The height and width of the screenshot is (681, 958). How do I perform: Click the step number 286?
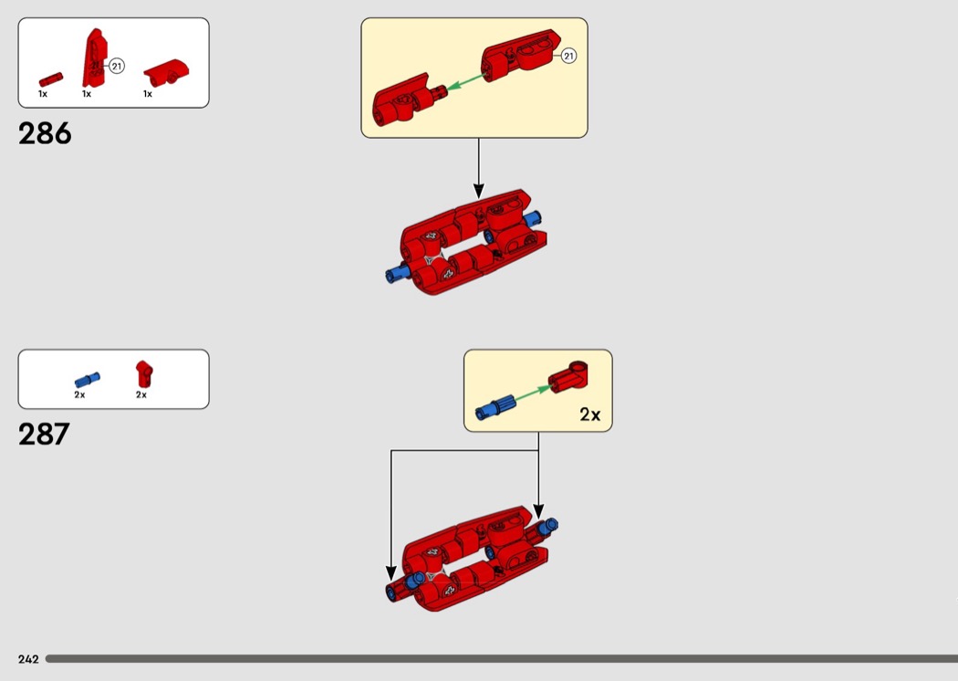[45, 133]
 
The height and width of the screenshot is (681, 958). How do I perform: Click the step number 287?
[44, 434]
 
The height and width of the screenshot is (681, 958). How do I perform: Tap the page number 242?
[28, 659]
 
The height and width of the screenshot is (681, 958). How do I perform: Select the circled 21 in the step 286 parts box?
[117, 66]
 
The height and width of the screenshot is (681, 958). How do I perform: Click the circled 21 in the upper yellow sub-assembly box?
[568, 56]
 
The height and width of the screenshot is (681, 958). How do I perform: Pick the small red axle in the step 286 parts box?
[51, 79]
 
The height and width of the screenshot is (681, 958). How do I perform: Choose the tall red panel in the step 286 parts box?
[95, 58]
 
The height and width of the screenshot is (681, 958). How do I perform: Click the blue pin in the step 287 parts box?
[88, 380]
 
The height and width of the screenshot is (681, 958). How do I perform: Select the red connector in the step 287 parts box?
[144, 373]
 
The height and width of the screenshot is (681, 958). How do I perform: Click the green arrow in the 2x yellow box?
[532, 393]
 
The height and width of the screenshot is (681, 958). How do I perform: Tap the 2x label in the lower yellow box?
[589, 414]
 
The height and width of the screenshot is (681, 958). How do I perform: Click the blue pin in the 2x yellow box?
[495, 407]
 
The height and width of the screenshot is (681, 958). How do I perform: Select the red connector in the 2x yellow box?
[568, 377]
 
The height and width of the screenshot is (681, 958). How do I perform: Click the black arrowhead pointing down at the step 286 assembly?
[478, 190]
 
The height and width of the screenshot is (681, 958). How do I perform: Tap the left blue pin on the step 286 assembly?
[398, 273]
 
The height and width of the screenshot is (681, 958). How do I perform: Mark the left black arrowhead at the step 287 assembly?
[391, 573]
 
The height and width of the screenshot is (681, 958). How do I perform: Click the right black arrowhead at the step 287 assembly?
[538, 511]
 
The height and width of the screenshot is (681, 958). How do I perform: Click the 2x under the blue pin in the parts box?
[79, 395]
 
